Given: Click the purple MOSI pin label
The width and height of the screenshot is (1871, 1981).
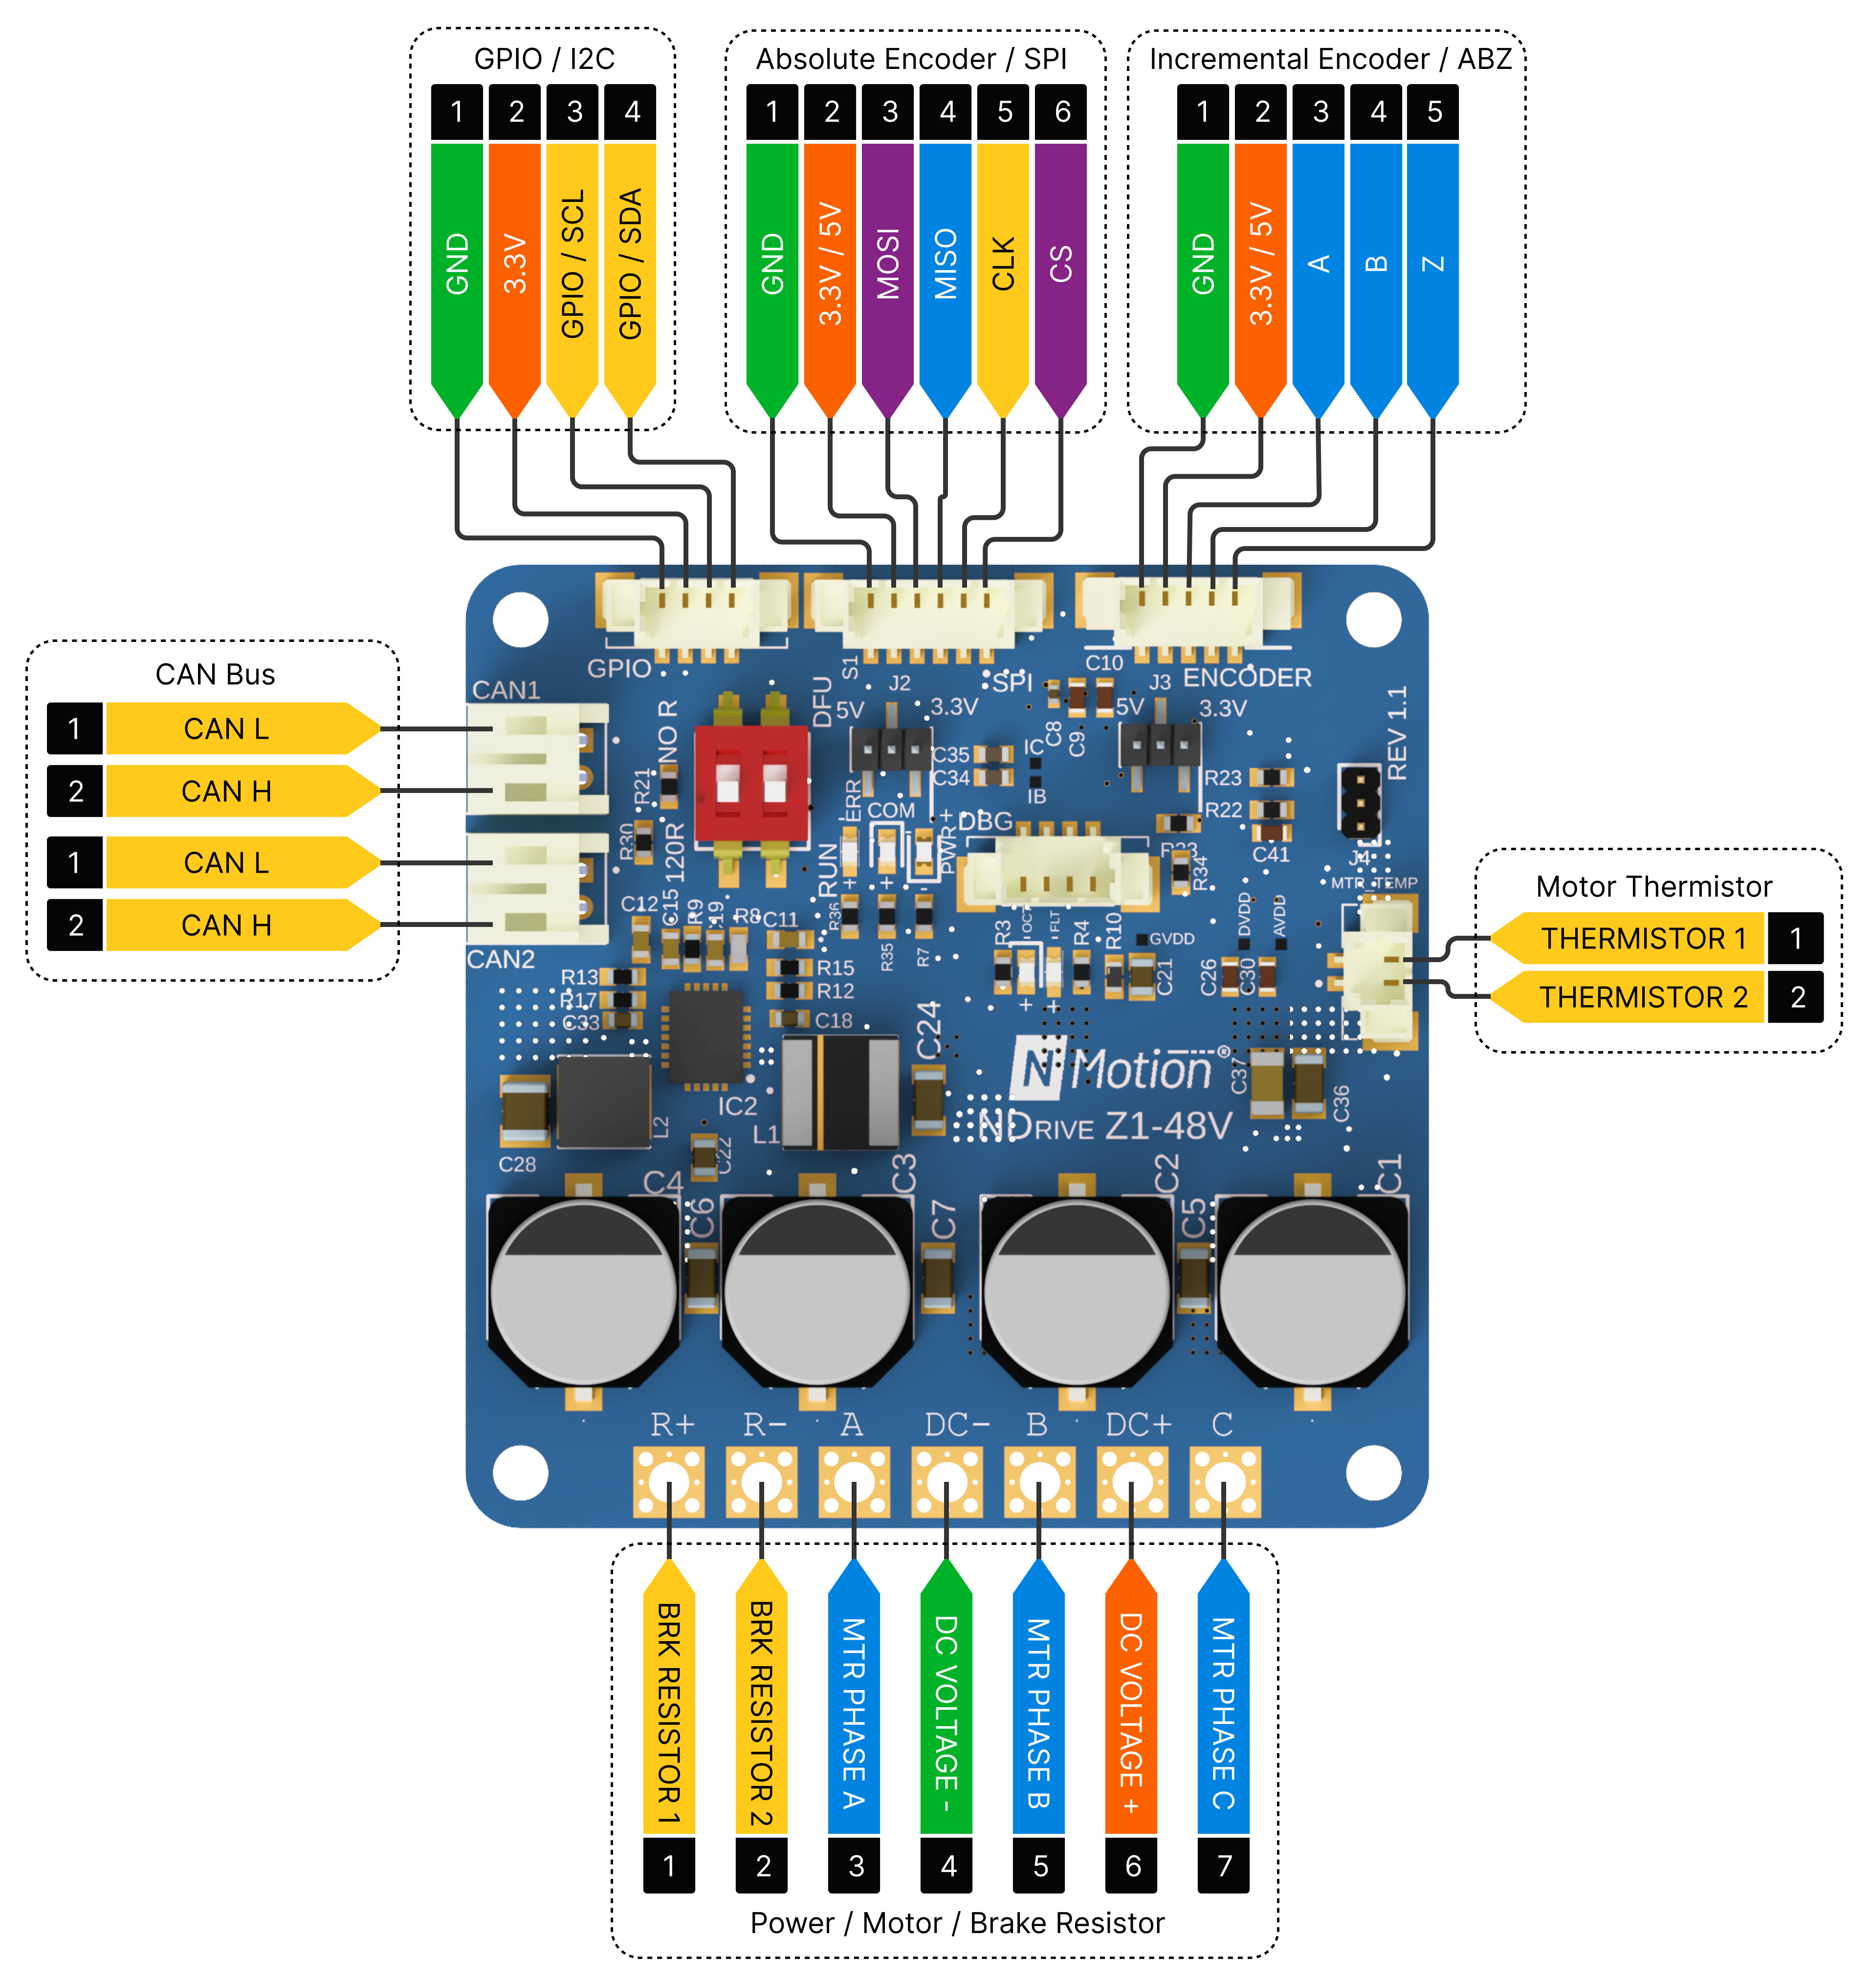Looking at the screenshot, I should pyautogui.click(x=888, y=264).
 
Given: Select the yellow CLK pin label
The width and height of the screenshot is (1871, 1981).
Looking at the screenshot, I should pyautogui.click(x=1003, y=264).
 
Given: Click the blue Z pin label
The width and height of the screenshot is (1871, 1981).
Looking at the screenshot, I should pyautogui.click(x=1433, y=264).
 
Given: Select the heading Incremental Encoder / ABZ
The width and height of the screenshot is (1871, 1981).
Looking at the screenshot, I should pyautogui.click(x=1329, y=59).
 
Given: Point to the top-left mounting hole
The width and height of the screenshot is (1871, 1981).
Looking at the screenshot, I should pyautogui.click(x=521, y=618).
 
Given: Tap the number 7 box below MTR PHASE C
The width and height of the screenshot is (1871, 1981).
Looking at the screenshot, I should pyautogui.click(x=1224, y=1866).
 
